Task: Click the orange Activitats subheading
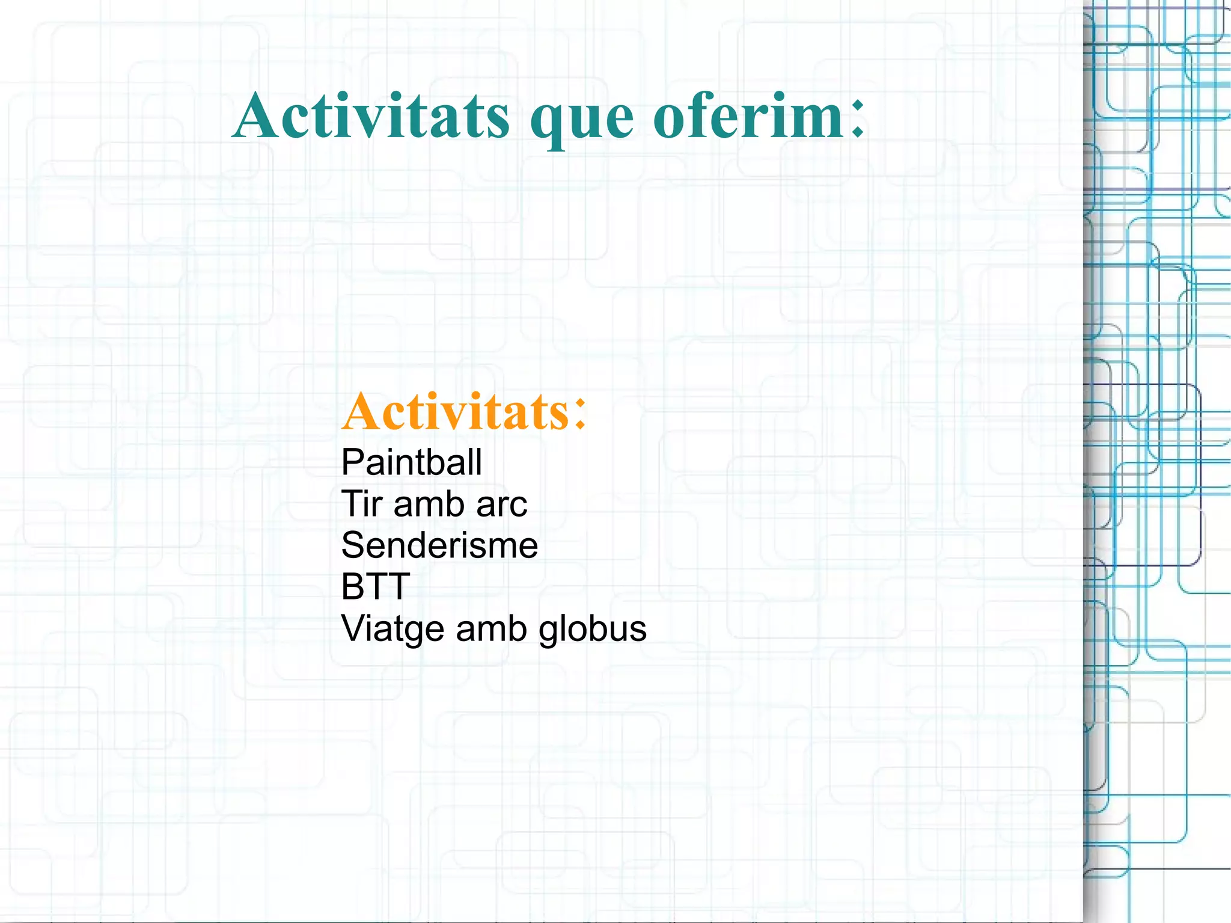455,412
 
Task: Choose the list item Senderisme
439,545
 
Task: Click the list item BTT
375,586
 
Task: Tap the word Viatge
392,629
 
